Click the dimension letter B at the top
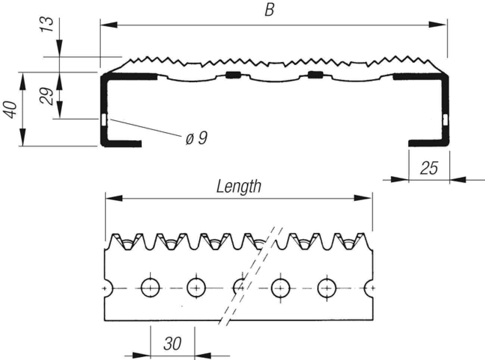269,10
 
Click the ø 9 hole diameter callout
196,139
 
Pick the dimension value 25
429,168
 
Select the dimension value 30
172,343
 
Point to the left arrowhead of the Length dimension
114,198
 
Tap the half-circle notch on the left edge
107,288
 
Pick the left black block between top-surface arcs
232,75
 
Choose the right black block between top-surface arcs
315,75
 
